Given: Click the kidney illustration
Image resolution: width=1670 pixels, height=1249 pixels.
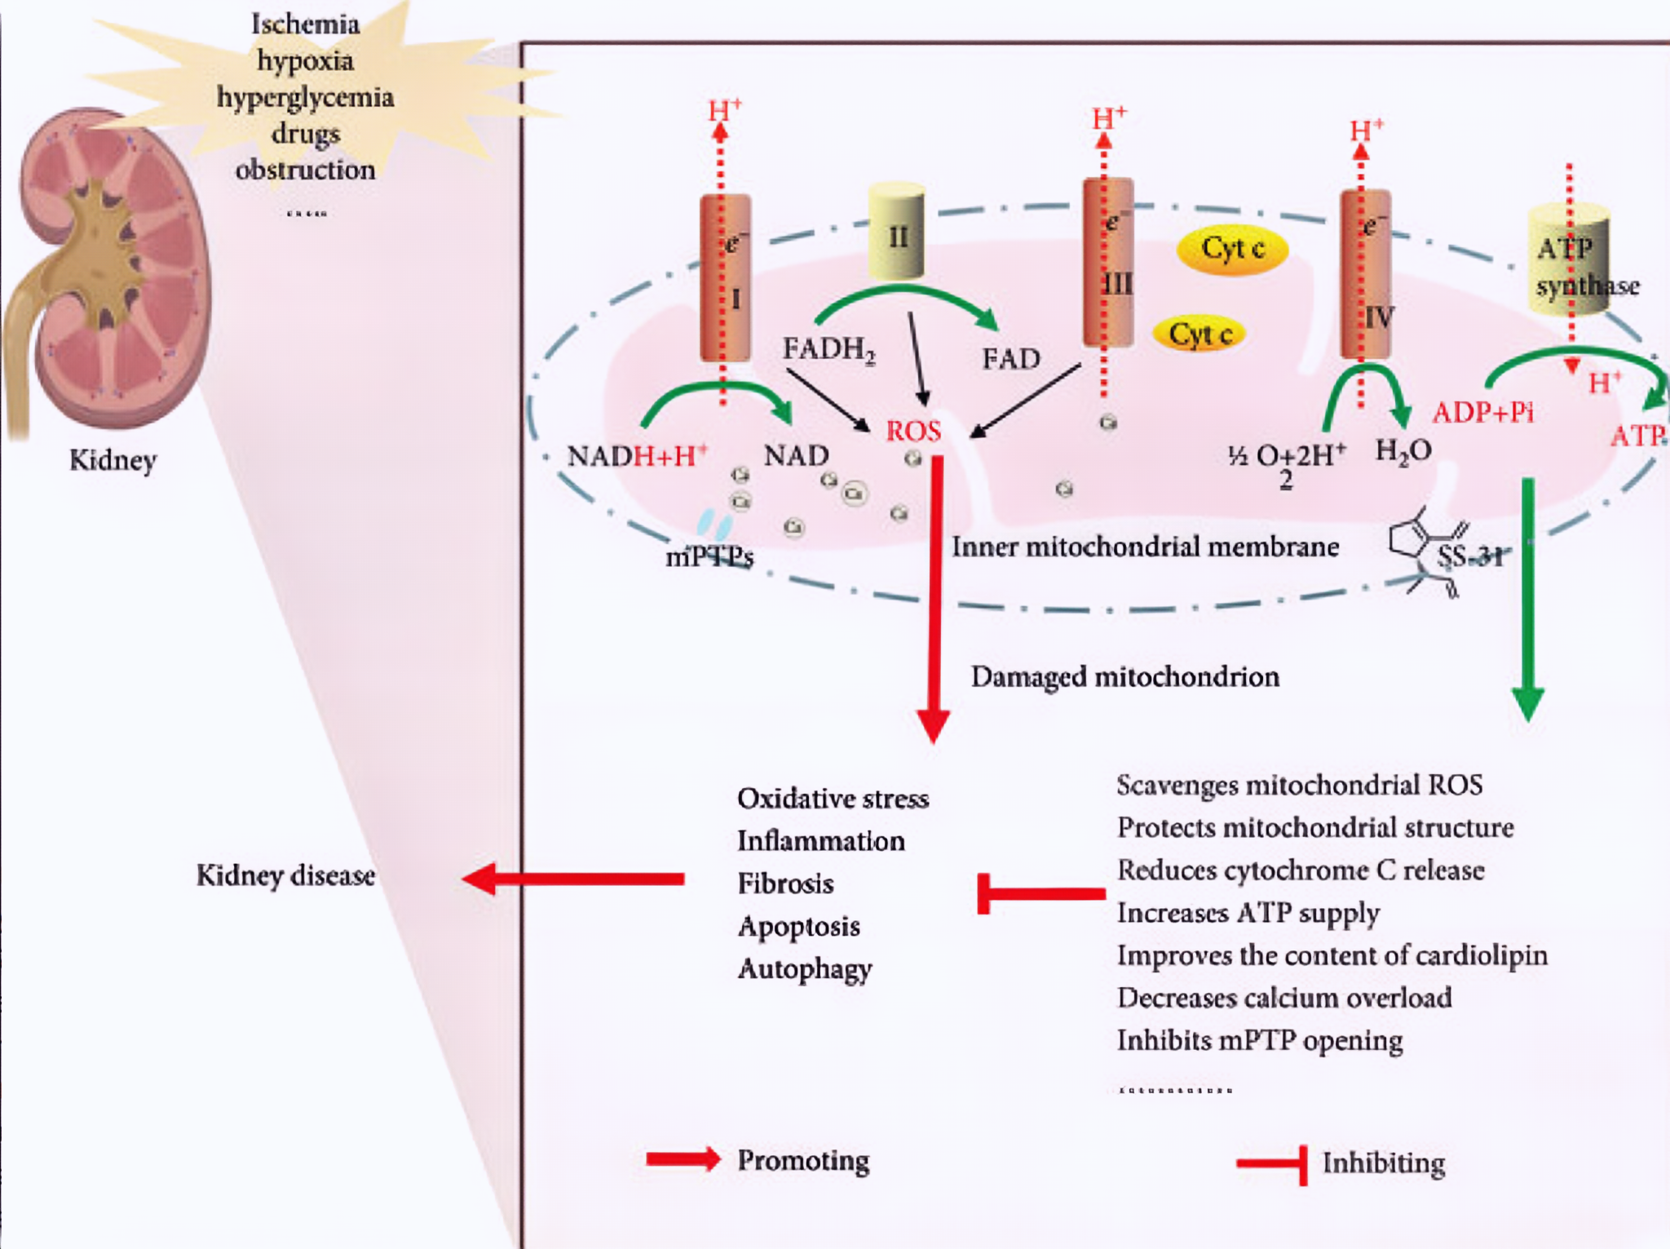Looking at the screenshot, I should pyautogui.click(x=110, y=269).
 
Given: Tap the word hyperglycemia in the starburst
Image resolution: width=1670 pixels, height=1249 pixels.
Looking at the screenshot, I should pyautogui.click(x=305, y=97).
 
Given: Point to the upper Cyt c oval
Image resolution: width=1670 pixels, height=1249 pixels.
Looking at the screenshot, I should pyautogui.click(x=1232, y=249).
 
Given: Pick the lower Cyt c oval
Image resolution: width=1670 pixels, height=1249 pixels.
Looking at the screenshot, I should pyautogui.click(x=1199, y=334).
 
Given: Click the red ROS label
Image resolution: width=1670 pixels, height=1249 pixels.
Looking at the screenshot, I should pyautogui.click(x=913, y=431).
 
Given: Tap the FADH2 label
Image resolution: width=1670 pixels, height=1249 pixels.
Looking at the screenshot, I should pyautogui.click(x=828, y=350).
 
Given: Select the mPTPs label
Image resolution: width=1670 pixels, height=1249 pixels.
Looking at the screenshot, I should pyautogui.click(x=709, y=556).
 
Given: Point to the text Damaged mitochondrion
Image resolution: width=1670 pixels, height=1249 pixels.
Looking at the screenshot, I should pyautogui.click(x=1124, y=677).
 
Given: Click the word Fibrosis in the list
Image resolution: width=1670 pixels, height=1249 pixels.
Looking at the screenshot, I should pyautogui.click(x=785, y=884).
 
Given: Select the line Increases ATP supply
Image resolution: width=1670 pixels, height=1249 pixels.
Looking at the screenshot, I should pyautogui.click(x=1248, y=913).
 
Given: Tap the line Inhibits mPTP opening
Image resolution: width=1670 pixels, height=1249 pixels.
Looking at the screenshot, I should pyautogui.click(x=1259, y=1041).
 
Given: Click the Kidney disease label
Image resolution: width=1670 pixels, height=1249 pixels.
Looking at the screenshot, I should pyautogui.click(x=285, y=875).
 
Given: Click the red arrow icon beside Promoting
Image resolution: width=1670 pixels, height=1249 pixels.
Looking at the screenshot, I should pyautogui.click(x=683, y=1159).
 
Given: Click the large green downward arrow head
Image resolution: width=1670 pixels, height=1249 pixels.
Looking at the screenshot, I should pyautogui.click(x=1527, y=702).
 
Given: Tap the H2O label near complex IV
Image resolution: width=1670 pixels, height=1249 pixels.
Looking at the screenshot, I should pyautogui.click(x=1403, y=451).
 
